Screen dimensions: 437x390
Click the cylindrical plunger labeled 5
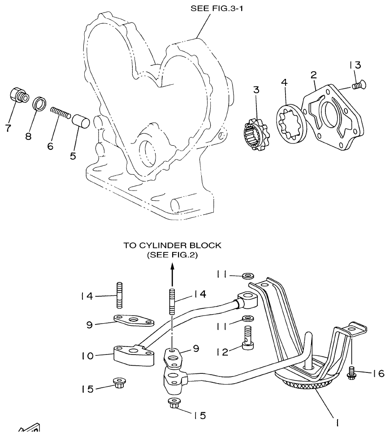82,121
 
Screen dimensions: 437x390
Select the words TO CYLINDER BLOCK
172,246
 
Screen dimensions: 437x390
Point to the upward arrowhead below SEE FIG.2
172,268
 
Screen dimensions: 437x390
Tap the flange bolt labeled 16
352,372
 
